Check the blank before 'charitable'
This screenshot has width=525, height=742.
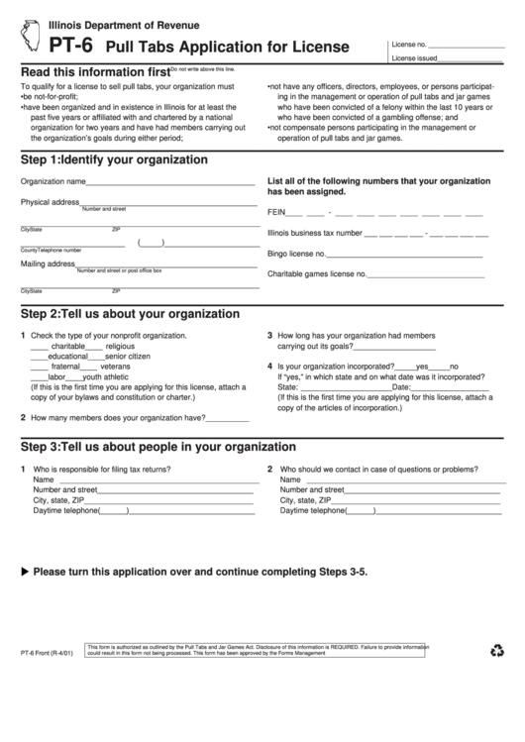click(x=39, y=347)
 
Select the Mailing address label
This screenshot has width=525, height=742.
click(x=48, y=264)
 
